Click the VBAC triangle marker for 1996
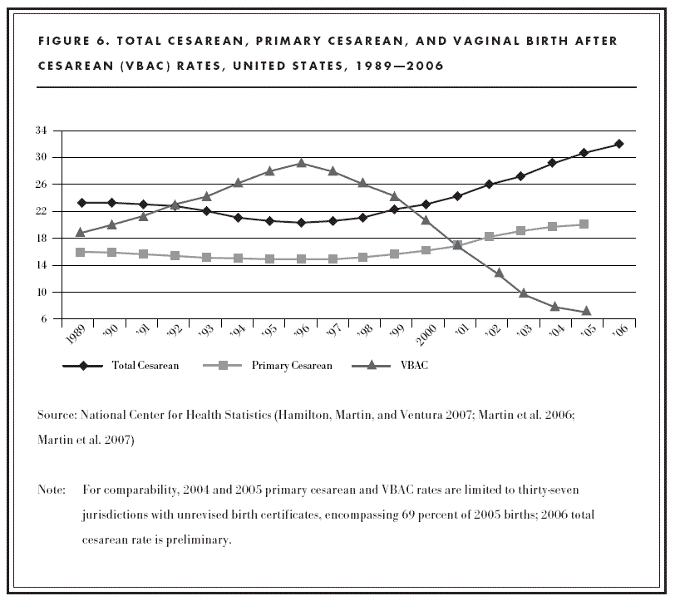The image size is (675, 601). [301, 163]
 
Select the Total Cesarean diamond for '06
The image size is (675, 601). [618, 144]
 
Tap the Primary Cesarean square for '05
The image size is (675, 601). [584, 224]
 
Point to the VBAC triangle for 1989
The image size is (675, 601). [81, 233]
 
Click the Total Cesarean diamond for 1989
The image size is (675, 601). [81, 202]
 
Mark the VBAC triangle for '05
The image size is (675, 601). [587, 311]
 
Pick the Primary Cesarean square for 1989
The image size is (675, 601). [81, 252]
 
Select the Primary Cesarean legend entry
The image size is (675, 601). [278, 366]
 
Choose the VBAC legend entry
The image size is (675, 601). [398, 366]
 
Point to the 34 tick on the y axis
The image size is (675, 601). [41, 131]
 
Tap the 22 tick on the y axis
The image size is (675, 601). [41, 211]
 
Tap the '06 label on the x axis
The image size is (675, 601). [618, 333]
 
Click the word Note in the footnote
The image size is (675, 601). [52, 490]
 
